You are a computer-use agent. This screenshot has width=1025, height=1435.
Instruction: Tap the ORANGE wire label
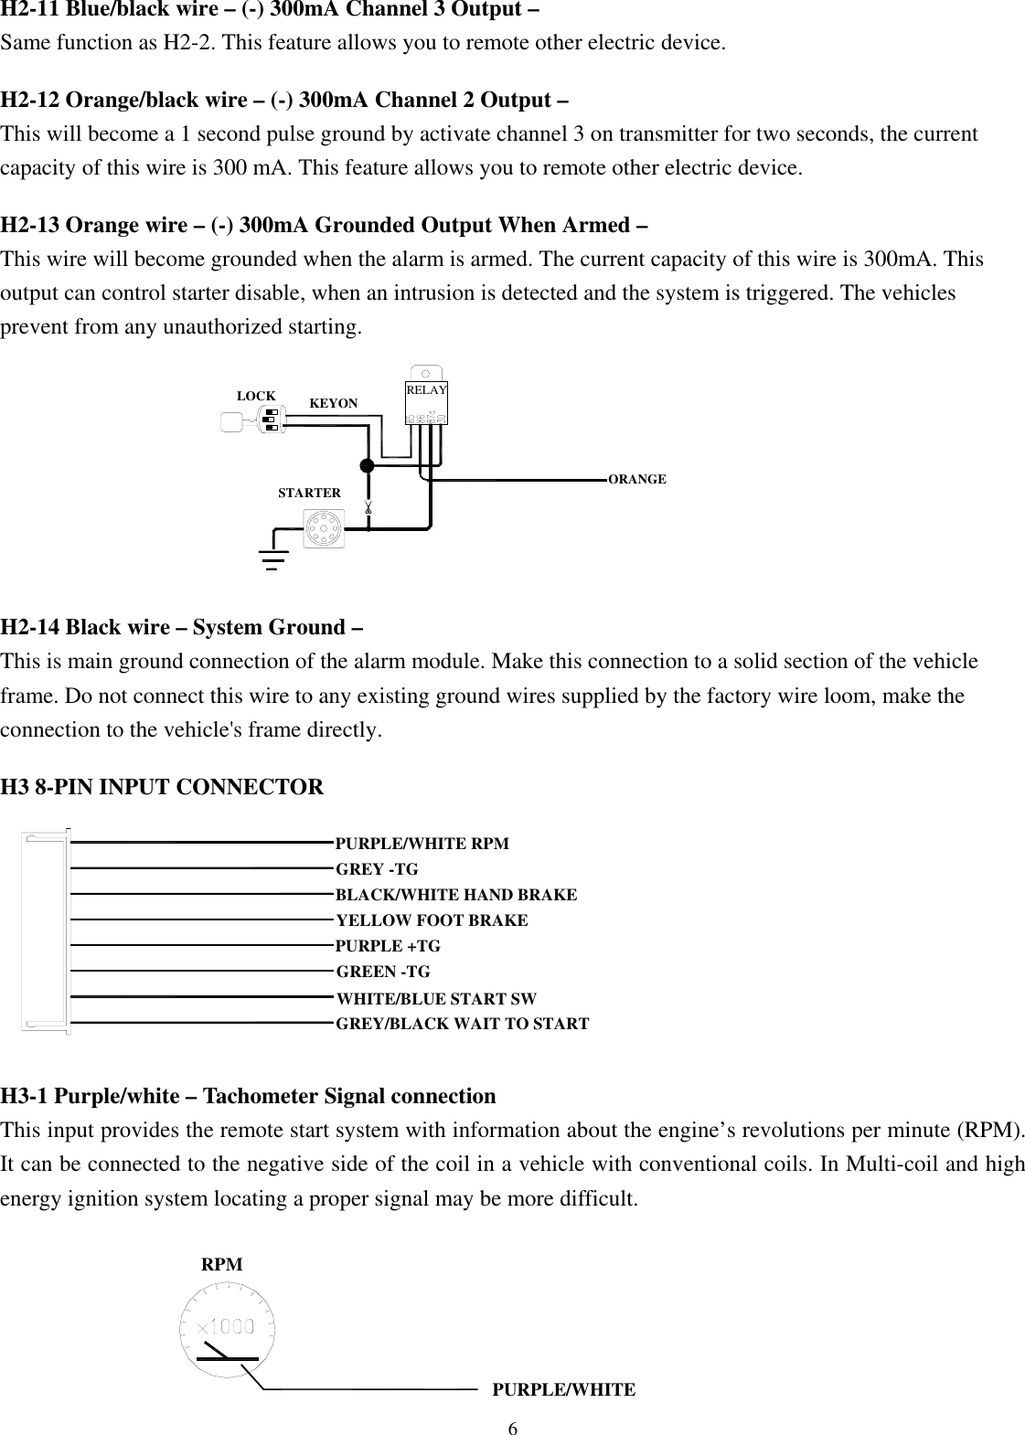point(637,479)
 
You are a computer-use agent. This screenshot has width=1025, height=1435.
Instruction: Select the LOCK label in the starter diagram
point(256,396)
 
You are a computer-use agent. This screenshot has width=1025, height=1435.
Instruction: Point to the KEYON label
point(334,403)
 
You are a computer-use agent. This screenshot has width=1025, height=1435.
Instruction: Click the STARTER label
point(309,493)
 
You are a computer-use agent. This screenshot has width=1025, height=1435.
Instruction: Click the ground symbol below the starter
point(272,557)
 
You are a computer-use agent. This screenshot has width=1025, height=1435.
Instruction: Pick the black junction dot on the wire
point(368,465)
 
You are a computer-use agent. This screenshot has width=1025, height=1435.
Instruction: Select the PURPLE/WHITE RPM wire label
point(422,844)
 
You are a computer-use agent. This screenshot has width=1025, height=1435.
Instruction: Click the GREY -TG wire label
point(377,869)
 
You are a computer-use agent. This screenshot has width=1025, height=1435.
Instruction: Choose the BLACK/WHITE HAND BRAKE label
point(456,895)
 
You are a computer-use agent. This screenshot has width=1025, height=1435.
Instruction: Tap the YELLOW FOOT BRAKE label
point(432,920)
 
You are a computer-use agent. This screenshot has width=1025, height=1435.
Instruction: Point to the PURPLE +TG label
point(388,946)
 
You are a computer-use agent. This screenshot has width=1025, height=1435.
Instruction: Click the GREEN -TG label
point(383,972)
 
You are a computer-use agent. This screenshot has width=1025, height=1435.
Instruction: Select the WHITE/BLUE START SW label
point(436,999)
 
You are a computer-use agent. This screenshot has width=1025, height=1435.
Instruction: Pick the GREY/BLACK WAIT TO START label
point(463,1024)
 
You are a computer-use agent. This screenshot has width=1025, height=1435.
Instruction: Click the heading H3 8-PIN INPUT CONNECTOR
point(162,787)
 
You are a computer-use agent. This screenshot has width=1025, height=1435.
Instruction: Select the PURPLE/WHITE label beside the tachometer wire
point(563,1390)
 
